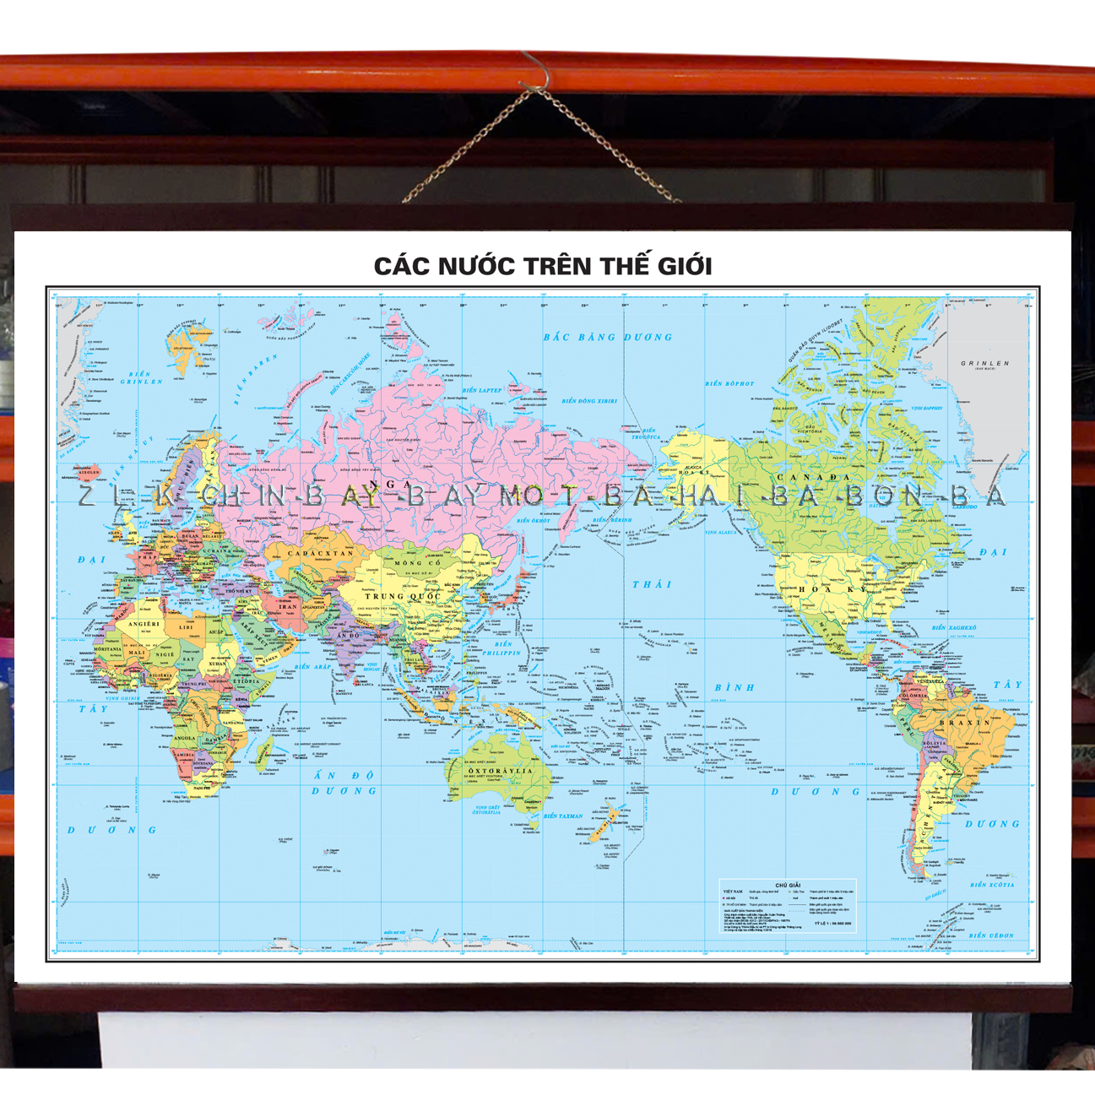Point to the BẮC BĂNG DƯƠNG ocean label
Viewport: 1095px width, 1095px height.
click(x=607, y=338)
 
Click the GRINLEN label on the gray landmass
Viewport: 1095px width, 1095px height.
click(x=984, y=364)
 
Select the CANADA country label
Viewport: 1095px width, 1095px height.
click(x=814, y=477)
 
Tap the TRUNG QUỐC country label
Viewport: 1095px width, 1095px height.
click(x=402, y=596)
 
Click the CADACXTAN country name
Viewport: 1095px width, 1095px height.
click(x=320, y=554)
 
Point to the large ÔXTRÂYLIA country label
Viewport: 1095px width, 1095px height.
click(x=501, y=771)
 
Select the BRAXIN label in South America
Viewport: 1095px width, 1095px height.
click(x=965, y=723)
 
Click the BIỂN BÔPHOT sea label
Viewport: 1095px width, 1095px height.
click(x=729, y=384)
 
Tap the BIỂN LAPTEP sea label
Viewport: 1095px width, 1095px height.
click(x=482, y=390)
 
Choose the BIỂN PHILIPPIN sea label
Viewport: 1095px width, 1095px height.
click(x=502, y=648)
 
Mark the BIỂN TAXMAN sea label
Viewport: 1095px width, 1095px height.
click(x=562, y=816)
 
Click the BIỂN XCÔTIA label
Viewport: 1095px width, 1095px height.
click(x=991, y=885)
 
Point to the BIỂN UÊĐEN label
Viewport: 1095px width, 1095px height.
click(x=991, y=935)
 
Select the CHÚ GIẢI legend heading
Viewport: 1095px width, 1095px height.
click(x=787, y=886)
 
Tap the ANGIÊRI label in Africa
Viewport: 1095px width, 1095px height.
click(x=144, y=624)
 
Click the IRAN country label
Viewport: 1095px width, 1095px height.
click(x=288, y=606)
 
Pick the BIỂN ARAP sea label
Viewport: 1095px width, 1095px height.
click(x=313, y=667)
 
